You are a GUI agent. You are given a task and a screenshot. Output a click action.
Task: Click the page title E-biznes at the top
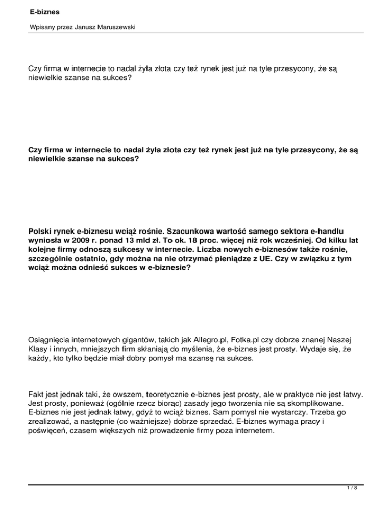click(30, 9)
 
